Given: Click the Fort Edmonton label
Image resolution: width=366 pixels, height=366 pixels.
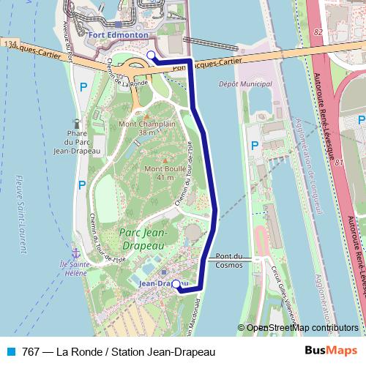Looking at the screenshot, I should click(118, 34).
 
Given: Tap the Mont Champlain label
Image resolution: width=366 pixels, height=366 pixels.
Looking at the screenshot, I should click(147, 128).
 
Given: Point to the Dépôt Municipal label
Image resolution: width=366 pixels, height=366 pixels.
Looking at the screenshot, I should click(242, 84).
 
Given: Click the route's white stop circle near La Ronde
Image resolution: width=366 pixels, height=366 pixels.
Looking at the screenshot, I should click(151, 55).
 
